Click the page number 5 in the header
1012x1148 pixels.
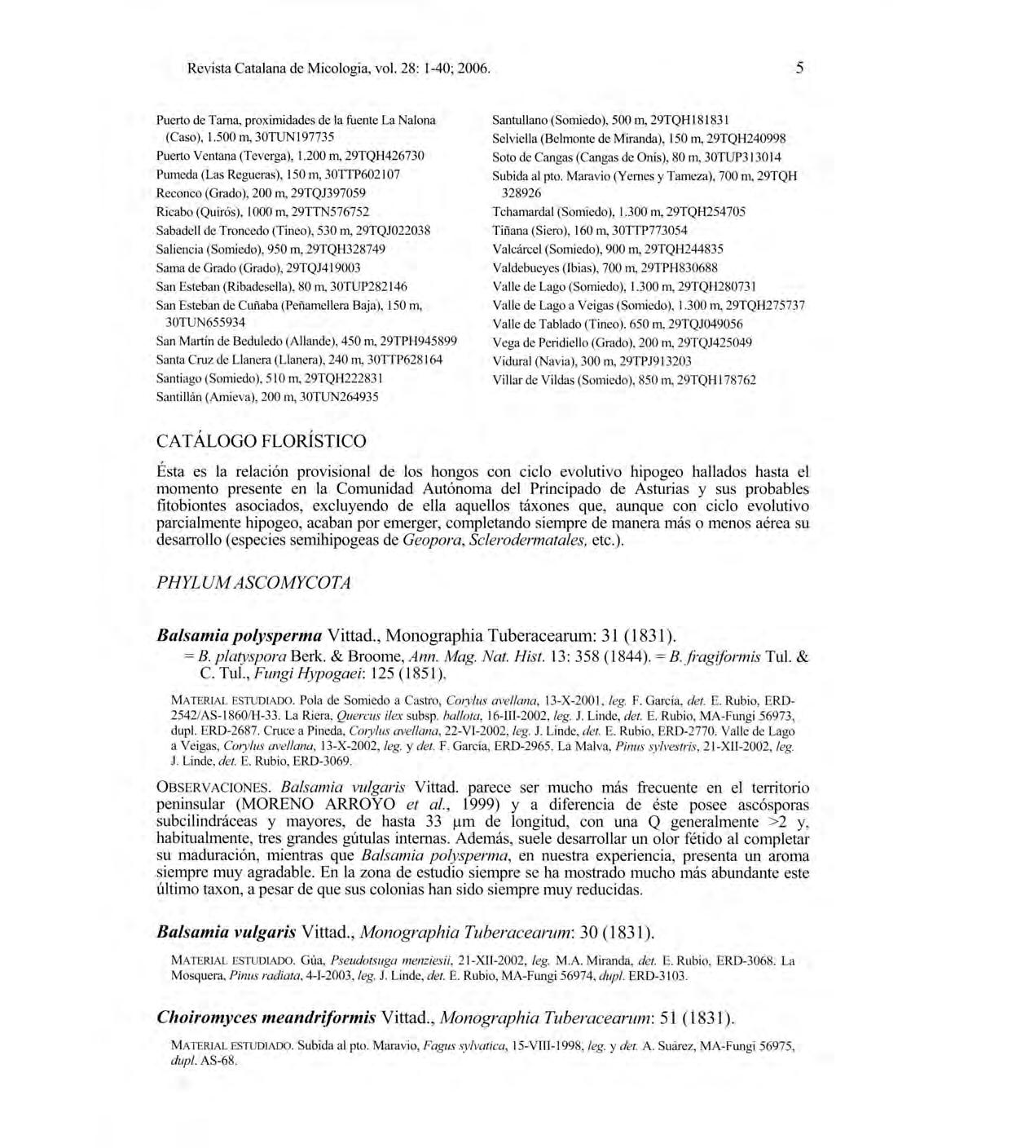tap(799, 68)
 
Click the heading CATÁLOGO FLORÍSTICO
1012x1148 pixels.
tap(262, 441)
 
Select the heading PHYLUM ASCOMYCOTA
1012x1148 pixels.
tap(253, 583)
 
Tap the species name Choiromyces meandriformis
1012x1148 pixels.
tap(266, 1018)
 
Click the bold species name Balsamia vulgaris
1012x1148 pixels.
tap(226, 932)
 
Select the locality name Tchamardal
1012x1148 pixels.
tap(522, 212)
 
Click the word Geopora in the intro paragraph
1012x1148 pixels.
tap(433, 541)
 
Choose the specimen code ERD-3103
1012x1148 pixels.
tap(658, 975)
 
